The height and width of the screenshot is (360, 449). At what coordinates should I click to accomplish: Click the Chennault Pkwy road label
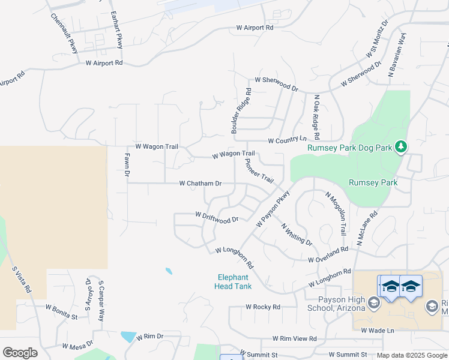pyautogui.click(x=65, y=33)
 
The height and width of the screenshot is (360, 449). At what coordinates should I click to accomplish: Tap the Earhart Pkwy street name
pyautogui.click(x=116, y=30)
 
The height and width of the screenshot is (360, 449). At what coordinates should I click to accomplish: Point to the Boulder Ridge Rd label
pyautogui.click(x=241, y=110)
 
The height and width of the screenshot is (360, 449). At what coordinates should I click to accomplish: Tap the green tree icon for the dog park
pyautogui.click(x=401, y=146)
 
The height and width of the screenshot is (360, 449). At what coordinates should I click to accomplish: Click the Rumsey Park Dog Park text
pyautogui.click(x=349, y=148)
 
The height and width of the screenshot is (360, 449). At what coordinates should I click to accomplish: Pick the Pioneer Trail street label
pyautogui.click(x=259, y=171)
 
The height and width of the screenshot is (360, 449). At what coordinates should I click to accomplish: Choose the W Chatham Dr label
pyautogui.click(x=200, y=184)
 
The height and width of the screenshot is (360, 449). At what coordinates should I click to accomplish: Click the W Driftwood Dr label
pyautogui.click(x=217, y=217)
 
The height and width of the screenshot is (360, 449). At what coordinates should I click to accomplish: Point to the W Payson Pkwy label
pyautogui.click(x=273, y=209)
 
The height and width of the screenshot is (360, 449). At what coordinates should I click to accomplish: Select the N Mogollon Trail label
pyautogui.click(x=336, y=213)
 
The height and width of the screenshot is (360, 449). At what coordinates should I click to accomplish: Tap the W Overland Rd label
pyautogui.click(x=328, y=255)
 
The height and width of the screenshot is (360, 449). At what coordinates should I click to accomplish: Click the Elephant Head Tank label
pyautogui.click(x=233, y=281)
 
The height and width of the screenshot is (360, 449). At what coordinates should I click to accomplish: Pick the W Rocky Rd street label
pyautogui.click(x=263, y=307)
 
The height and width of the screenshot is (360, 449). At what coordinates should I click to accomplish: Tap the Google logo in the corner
pyautogui.click(x=20, y=353)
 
